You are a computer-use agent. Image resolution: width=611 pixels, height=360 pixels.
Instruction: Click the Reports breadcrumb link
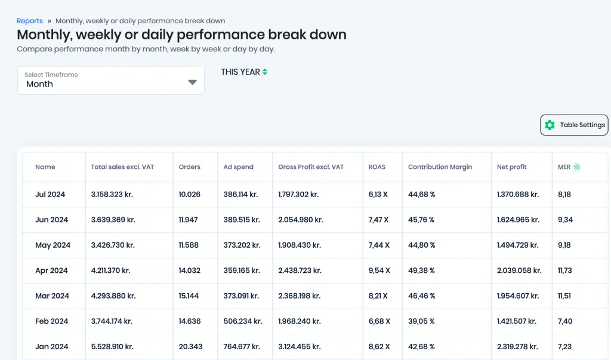pos(30,21)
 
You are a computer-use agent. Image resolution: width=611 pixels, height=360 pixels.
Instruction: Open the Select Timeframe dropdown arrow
pos(192,82)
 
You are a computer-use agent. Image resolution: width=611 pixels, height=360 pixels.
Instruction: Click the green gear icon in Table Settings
pos(550,125)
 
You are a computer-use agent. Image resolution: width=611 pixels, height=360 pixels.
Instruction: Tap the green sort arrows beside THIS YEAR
pos(265,72)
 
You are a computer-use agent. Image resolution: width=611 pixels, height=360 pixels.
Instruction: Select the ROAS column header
pos(377,167)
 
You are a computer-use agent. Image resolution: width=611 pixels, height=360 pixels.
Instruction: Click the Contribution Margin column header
pos(440,167)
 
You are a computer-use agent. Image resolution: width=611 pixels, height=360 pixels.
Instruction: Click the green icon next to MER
pos(577,167)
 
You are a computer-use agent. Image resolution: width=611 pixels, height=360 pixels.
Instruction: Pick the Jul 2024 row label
pos(50,194)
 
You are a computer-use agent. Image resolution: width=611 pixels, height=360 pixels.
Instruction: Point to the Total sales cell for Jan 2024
pos(112,346)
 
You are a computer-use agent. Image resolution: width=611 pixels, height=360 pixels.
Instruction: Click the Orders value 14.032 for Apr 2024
pos(189,270)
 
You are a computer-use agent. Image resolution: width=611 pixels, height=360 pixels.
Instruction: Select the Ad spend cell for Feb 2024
pos(243,321)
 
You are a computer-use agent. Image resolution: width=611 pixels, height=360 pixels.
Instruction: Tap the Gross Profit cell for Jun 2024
pos(301,220)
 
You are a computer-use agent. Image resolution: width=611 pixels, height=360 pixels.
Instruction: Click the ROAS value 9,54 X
pos(379,270)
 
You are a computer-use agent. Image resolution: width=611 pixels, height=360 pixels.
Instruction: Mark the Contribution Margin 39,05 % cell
pos(421,321)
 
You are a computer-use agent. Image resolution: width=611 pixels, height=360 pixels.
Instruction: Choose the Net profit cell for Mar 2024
pos(518,296)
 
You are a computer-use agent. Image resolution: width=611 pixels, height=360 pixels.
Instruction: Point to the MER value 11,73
pos(565,270)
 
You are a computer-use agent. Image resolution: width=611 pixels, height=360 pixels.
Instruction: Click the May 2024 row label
pos(53,245)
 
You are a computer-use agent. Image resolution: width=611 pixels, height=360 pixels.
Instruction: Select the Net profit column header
pos(511,167)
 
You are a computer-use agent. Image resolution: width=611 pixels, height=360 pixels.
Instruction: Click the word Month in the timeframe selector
pos(40,84)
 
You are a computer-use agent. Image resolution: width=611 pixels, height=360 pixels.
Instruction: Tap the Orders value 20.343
pos(190,346)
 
